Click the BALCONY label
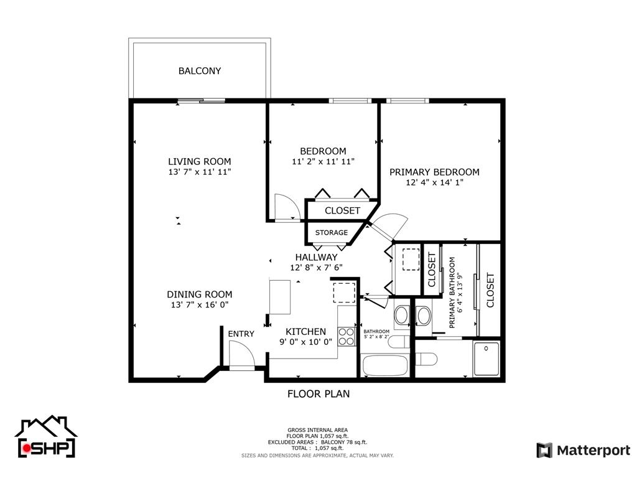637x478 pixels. (x=200, y=71)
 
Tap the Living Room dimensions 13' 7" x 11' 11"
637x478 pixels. (x=200, y=172)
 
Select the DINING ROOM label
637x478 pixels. (x=200, y=294)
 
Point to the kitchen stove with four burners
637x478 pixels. (x=346, y=337)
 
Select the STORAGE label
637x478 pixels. (x=332, y=233)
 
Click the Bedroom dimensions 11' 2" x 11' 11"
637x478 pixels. (x=323, y=162)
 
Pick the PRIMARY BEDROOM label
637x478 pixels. (x=434, y=172)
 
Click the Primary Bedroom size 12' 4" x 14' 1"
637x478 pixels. (x=434, y=182)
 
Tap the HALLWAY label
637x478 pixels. (x=316, y=257)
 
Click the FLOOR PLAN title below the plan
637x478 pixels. (x=318, y=393)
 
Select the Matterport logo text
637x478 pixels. (x=593, y=451)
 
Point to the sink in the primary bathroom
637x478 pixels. (x=424, y=316)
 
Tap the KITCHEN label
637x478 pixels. (x=305, y=331)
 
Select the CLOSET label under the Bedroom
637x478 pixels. (x=342, y=210)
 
